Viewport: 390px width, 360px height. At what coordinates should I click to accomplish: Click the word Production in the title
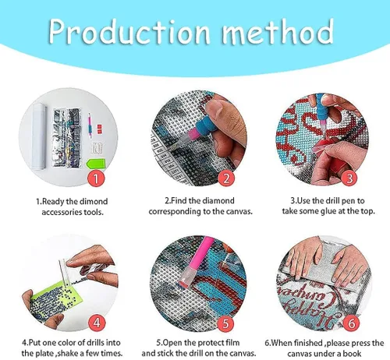[x=129, y=33]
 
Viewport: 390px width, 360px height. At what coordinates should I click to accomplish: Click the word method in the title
[x=278, y=31]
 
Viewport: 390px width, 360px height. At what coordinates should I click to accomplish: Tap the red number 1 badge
[x=96, y=178]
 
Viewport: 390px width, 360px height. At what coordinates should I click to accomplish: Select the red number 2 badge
[x=226, y=178]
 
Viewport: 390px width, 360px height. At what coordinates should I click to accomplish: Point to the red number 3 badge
[x=349, y=178]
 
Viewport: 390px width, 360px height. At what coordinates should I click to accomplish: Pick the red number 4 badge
[x=97, y=323]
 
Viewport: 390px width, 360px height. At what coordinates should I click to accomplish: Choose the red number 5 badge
[x=225, y=323]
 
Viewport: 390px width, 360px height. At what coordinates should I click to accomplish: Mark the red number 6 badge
[x=351, y=323]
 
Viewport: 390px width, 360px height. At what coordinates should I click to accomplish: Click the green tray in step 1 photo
[x=96, y=164]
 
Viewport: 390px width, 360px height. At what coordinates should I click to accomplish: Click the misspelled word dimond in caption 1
[x=94, y=201]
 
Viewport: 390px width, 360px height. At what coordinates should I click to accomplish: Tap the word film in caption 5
[x=232, y=343]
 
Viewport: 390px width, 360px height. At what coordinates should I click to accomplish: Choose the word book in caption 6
[x=352, y=354]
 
